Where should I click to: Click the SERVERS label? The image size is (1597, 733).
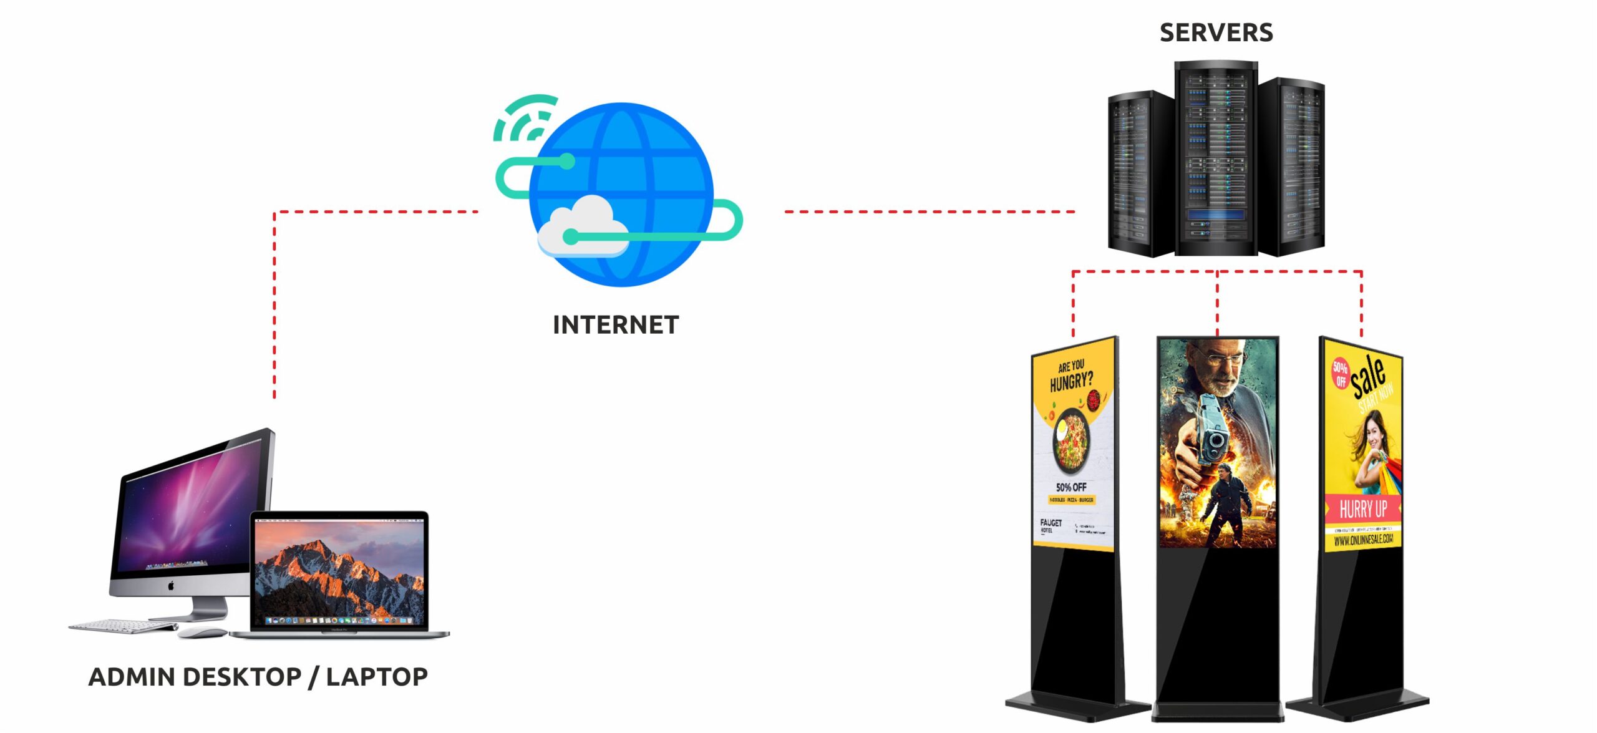coord(1216,32)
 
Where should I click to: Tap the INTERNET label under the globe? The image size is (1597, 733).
coord(616,325)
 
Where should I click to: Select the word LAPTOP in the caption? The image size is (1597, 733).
coord(377,677)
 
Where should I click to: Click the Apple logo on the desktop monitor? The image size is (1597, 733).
coord(170,586)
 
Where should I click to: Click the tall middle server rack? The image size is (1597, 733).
coord(1216,159)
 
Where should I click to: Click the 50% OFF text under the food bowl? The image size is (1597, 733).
coord(1071,487)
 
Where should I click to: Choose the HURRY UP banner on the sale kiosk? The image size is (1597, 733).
coord(1363,508)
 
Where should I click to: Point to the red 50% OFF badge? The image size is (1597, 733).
coord(1341,373)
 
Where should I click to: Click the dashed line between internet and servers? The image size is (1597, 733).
coord(930,212)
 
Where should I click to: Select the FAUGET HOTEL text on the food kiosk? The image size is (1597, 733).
coord(1051,525)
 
